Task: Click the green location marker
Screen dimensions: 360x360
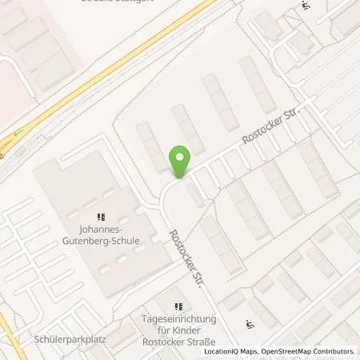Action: [180, 162]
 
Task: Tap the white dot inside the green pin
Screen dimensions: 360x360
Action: [180, 158]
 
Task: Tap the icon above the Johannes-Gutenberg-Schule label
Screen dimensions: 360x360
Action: [101, 218]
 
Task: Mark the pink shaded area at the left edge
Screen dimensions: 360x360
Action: [12, 88]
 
